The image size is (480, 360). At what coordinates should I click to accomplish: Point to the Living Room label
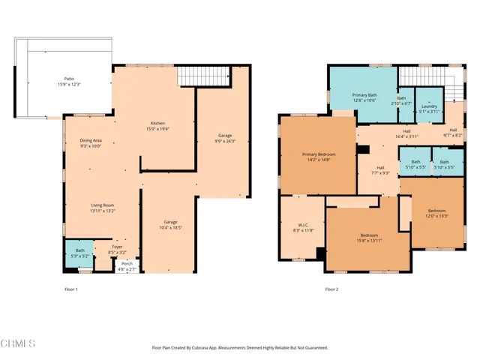(x=102, y=208)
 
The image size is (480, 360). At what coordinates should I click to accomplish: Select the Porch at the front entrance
(x=127, y=266)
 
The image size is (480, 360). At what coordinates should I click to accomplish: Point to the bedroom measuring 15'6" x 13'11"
(x=369, y=237)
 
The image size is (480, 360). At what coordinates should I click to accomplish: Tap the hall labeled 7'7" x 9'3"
(x=380, y=170)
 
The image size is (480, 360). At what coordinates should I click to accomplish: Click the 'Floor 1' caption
(x=71, y=289)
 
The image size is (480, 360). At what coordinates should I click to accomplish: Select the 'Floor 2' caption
(x=331, y=289)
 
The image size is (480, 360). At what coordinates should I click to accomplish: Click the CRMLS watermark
(x=18, y=344)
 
